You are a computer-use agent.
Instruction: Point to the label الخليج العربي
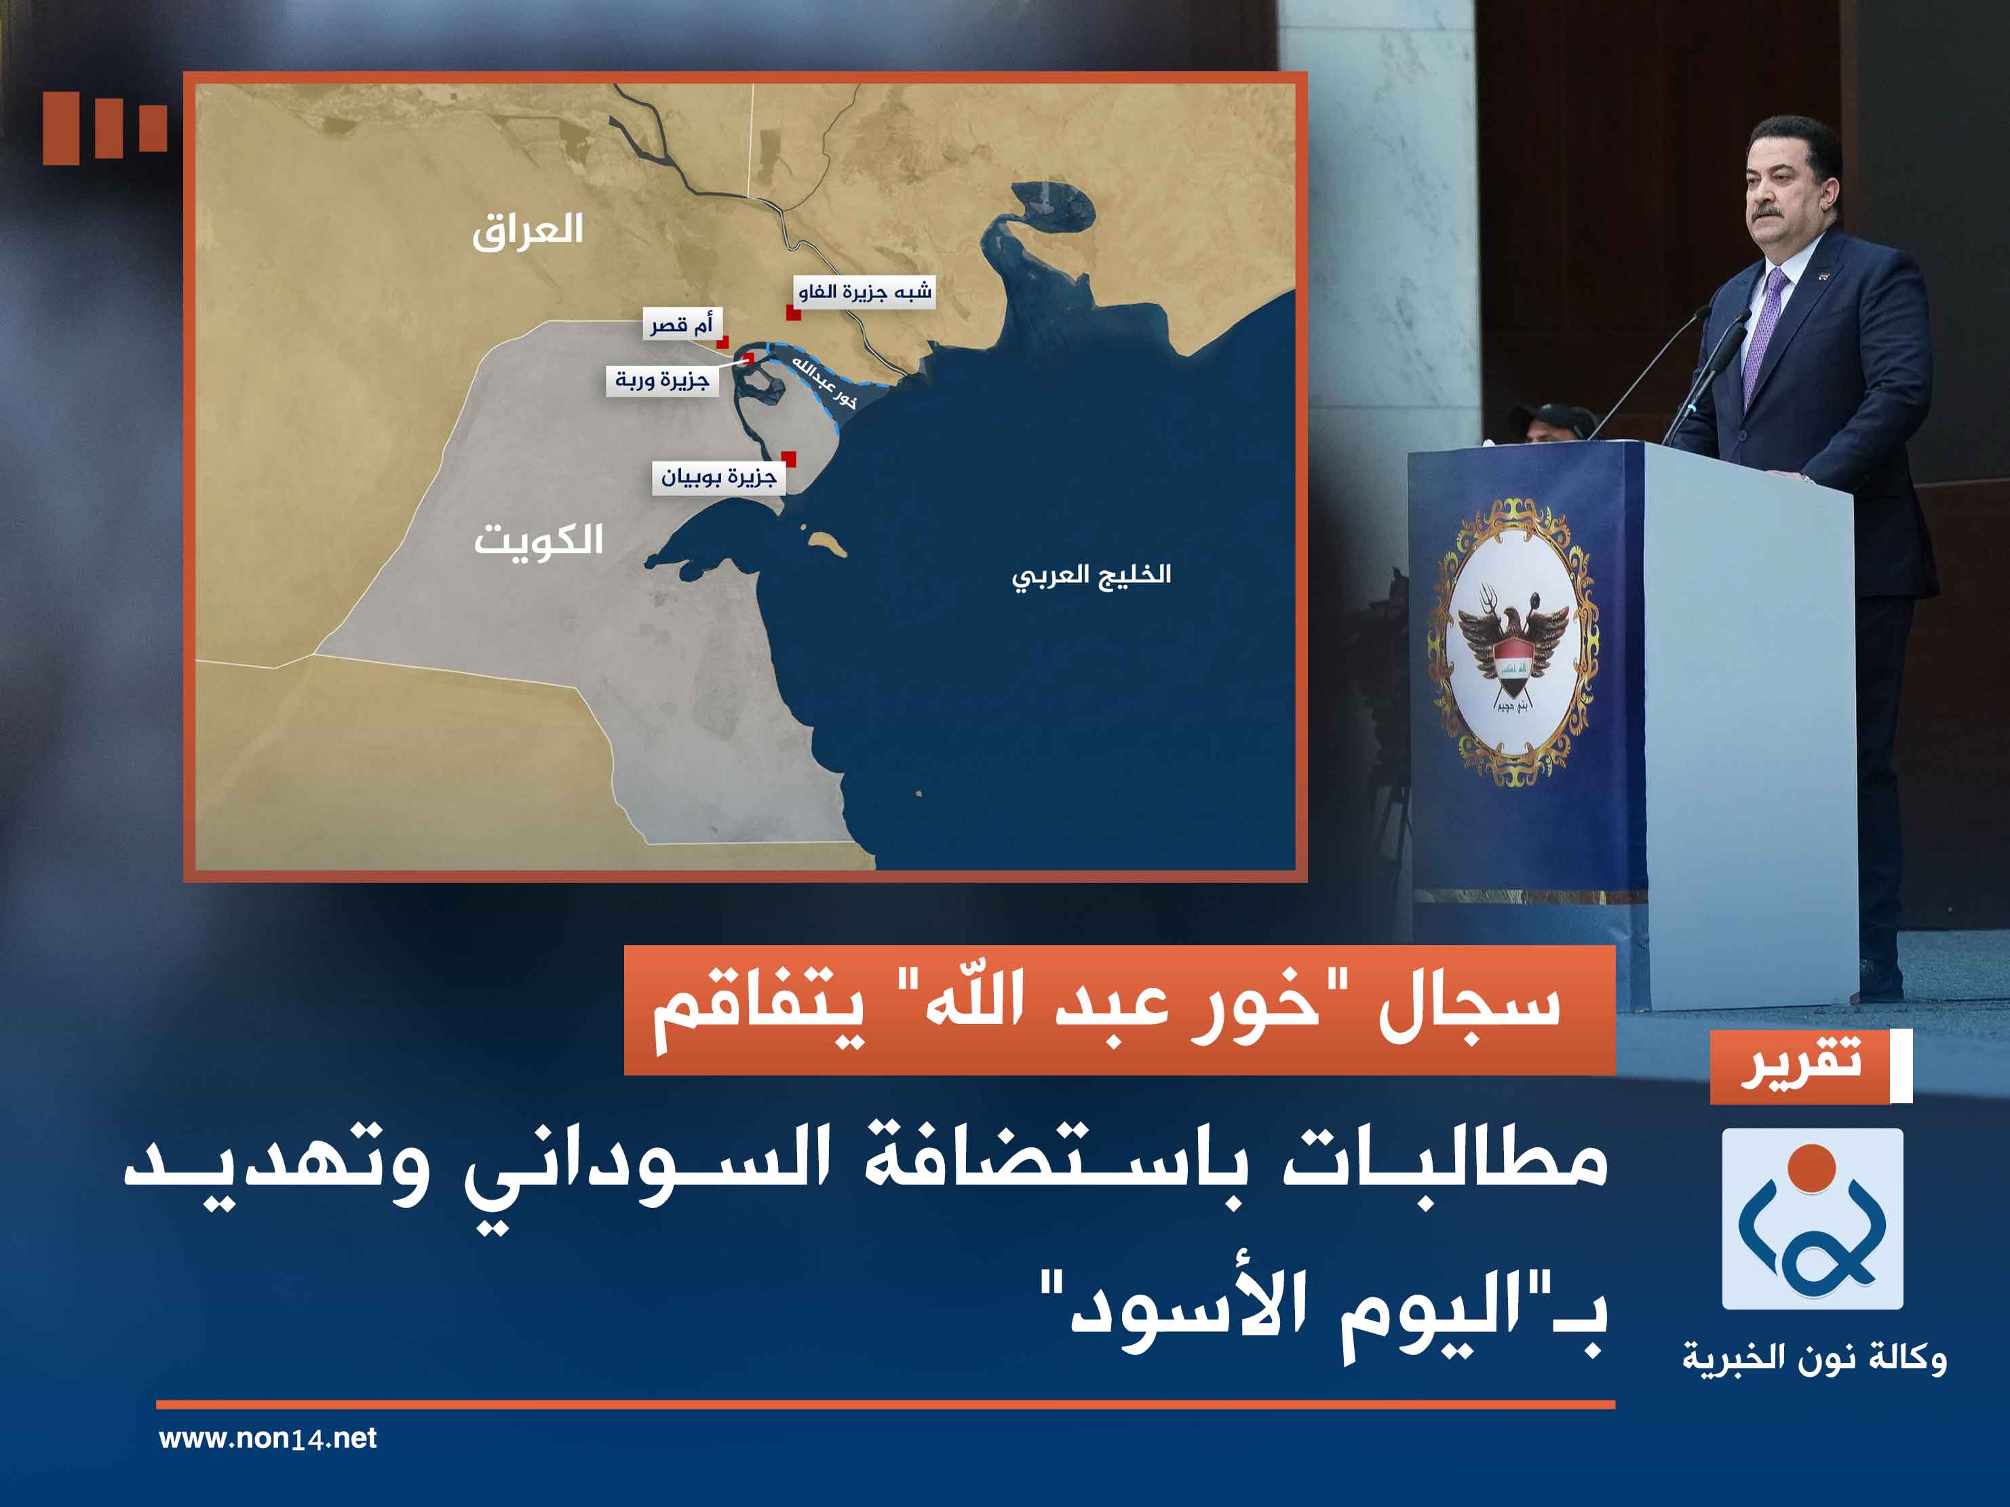pos(1091,576)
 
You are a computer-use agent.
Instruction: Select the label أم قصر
pos(682,324)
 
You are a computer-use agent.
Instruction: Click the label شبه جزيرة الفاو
pos(864,292)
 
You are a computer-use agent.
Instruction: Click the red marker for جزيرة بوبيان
pos(789,458)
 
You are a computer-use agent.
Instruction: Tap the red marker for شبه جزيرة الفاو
pos(793,313)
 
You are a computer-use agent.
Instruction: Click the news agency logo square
pos(1812,1218)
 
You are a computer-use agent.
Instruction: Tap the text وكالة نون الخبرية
pos(1814,1360)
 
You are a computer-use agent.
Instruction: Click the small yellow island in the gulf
pos(828,544)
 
